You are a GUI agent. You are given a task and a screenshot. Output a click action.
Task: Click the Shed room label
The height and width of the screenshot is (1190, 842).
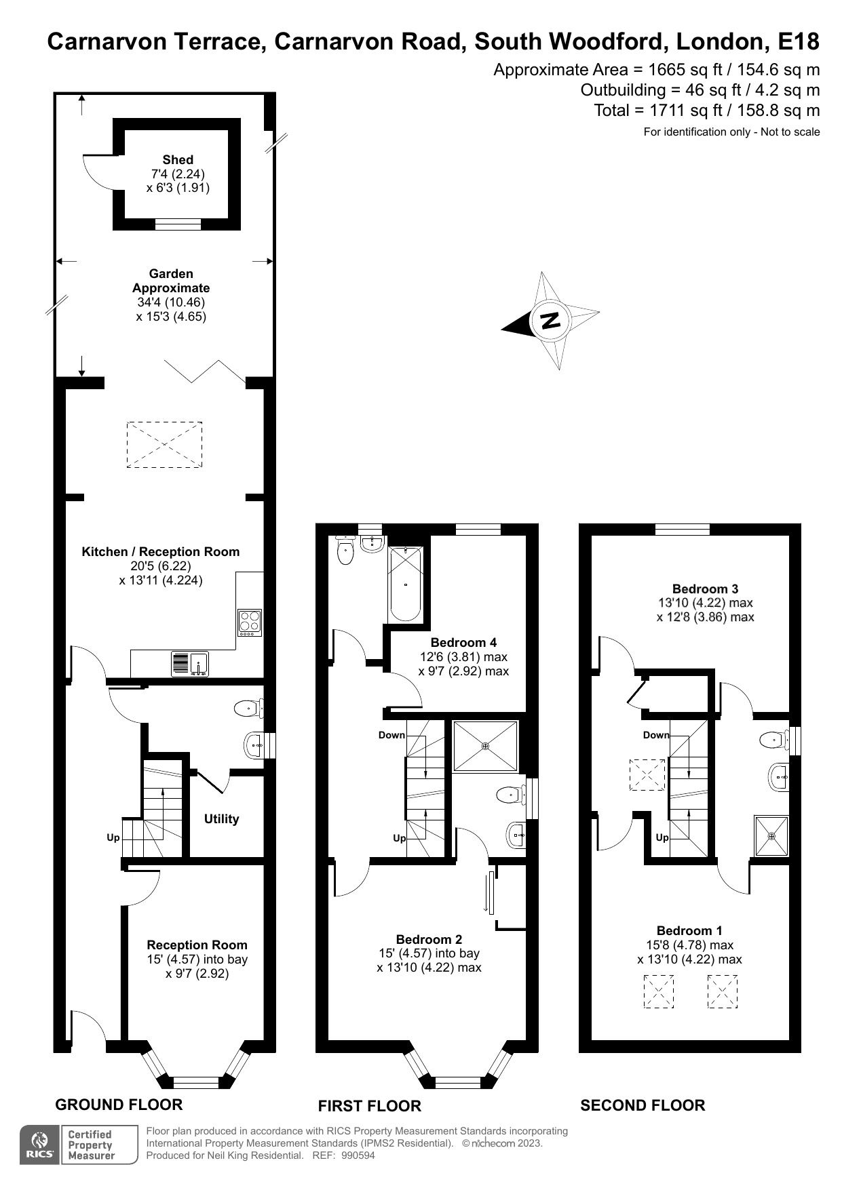point(178,160)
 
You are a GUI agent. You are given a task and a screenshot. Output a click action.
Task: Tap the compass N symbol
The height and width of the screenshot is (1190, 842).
point(550,319)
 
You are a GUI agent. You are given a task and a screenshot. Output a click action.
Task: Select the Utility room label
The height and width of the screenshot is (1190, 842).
point(221,819)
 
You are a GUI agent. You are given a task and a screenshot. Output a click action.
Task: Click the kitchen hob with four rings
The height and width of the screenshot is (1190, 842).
point(249,622)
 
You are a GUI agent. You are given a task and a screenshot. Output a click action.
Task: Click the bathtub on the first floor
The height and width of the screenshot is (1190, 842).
point(405,584)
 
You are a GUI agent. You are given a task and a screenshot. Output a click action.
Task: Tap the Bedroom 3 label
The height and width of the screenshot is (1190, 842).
point(705,589)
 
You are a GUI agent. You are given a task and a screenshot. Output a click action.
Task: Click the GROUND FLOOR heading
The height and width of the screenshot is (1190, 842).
point(119,1105)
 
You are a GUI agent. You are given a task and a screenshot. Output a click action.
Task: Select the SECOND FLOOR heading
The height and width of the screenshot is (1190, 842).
point(643,1105)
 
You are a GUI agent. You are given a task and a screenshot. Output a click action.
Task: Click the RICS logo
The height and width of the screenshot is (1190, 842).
point(40,1145)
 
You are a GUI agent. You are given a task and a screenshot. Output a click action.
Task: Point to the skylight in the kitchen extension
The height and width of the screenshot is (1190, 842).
point(164,444)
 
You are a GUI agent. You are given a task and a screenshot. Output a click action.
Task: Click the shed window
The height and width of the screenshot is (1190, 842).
point(178,224)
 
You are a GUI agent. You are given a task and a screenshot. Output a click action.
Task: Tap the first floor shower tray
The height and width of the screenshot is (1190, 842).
point(485,747)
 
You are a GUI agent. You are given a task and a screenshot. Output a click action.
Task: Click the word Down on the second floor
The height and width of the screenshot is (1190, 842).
point(655,735)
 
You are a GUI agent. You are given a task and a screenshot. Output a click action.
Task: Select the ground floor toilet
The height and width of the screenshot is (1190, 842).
point(249,709)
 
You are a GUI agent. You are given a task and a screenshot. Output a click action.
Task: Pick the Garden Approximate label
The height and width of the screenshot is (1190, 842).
point(171,281)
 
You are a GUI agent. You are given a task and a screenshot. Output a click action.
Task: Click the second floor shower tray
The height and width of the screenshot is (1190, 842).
point(771,836)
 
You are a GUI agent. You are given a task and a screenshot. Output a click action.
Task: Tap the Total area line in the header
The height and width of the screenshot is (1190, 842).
point(706,111)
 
